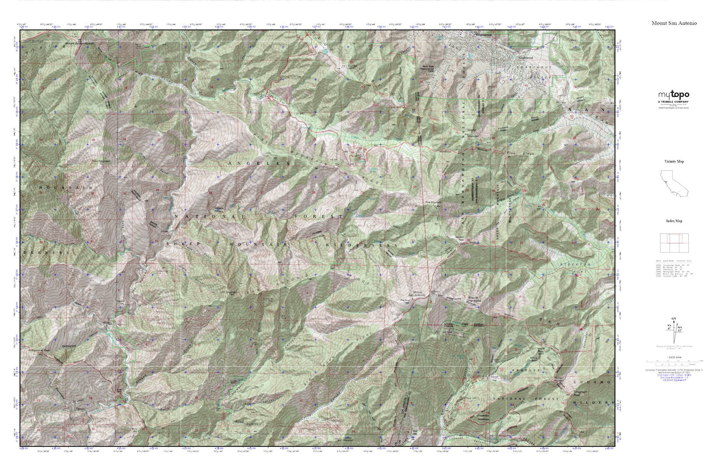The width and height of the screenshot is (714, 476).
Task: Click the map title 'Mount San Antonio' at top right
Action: pos(674,23)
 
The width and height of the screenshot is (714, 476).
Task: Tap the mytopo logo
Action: pos(674,95)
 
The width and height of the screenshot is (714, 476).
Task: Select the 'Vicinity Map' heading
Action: pos(674,161)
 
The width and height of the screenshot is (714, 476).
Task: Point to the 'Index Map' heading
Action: pos(674,221)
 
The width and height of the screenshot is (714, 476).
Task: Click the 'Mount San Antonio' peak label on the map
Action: pos(418,293)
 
